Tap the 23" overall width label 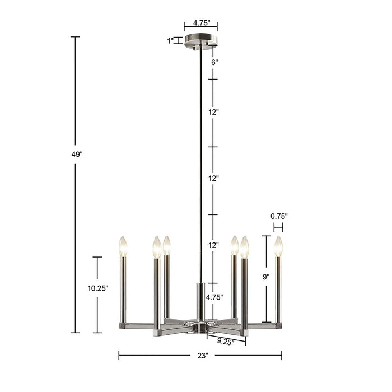(x=203, y=356)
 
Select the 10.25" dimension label (x=97, y=288)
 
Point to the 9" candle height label (x=265, y=276)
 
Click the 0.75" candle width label (x=278, y=216)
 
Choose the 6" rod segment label (x=214, y=62)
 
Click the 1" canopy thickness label (x=170, y=40)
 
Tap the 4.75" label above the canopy (x=201, y=24)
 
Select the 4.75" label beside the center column (x=214, y=297)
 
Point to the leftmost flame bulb (x=123, y=246)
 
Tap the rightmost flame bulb (x=278, y=246)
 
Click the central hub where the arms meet (x=200, y=326)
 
